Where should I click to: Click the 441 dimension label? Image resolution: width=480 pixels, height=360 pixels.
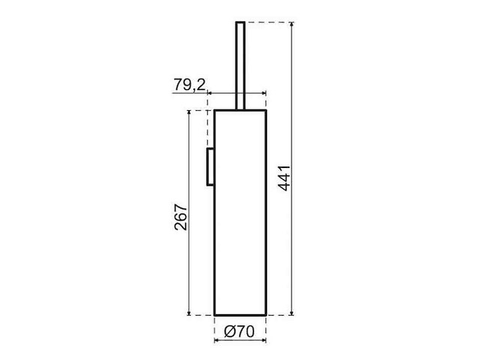(x=284, y=178)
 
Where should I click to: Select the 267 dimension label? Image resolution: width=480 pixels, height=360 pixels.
(x=181, y=217)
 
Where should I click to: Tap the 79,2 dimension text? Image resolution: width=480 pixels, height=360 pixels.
(x=190, y=85)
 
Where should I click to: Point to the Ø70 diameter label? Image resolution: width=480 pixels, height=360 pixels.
(x=239, y=331)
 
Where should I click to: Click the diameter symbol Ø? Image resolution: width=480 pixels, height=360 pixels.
(x=229, y=331)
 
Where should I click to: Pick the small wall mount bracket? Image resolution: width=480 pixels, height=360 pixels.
(x=210, y=166)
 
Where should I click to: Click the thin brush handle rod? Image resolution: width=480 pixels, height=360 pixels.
(x=240, y=65)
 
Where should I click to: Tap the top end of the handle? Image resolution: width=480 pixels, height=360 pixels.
(x=240, y=22)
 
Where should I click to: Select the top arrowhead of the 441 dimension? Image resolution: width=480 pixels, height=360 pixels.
(x=292, y=25)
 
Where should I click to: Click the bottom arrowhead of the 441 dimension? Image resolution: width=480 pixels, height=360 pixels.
(x=292, y=313)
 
